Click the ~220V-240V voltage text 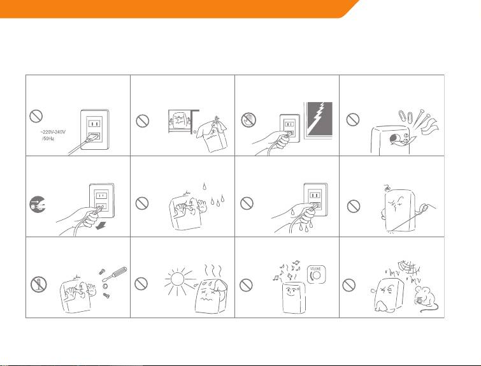tap(53, 132)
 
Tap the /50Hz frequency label tap(48, 139)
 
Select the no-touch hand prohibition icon tap(248, 120)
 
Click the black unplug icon tap(37, 204)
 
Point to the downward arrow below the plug tap(99, 226)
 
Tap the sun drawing tap(178, 279)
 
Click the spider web tap(408, 268)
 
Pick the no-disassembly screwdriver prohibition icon tap(39, 284)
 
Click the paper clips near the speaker tap(406, 117)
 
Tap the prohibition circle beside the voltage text tap(36, 116)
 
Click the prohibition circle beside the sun tap(141, 283)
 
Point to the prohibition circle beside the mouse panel tap(348, 285)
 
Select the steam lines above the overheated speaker tap(213, 271)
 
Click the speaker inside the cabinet tap(180, 121)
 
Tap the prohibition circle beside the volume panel tap(246, 285)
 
